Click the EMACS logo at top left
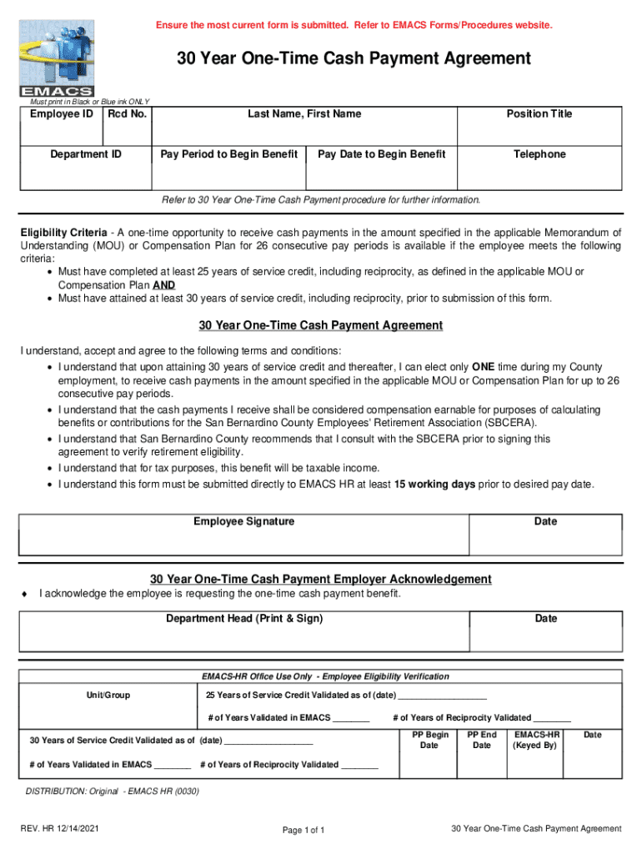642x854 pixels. [x=57, y=58]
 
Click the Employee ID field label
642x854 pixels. [x=62, y=113]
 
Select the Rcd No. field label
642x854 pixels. [x=127, y=113]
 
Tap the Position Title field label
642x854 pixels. [x=539, y=113]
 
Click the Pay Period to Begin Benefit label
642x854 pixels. [x=228, y=154]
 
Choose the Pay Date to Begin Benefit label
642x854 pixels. [x=382, y=154]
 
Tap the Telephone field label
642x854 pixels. [x=539, y=154]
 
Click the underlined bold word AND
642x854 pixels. [x=163, y=284]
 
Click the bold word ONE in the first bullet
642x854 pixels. [x=484, y=367]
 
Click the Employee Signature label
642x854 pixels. [x=244, y=521]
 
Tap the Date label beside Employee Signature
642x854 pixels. [x=545, y=521]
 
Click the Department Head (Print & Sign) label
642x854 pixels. [x=244, y=619]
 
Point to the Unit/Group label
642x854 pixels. [x=108, y=695]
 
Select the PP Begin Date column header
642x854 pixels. [x=430, y=740]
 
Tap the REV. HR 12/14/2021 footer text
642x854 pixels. [x=60, y=828]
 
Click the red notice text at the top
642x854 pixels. [x=354, y=26]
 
